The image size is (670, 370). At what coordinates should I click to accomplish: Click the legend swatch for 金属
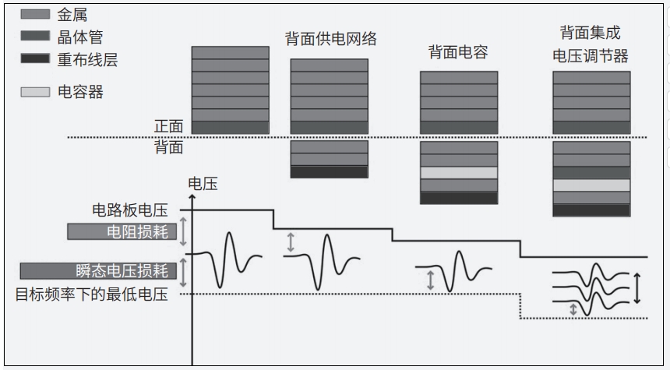point(35,13)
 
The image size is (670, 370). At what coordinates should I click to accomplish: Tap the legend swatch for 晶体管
point(35,37)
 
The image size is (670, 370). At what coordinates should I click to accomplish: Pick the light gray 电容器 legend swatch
point(35,92)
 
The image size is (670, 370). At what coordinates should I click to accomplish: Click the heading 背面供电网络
point(331,39)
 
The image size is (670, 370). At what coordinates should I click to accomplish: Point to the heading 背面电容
point(458,52)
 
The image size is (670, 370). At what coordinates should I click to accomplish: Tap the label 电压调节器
point(590,57)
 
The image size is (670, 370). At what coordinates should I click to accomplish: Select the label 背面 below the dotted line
point(168,147)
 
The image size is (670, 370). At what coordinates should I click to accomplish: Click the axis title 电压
point(203,185)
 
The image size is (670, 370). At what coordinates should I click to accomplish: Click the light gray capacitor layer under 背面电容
point(458,173)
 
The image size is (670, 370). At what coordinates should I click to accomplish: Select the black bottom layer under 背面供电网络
point(329,171)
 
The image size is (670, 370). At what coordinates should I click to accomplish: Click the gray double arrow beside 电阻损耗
point(184,231)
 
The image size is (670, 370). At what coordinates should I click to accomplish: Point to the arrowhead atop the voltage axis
point(192,191)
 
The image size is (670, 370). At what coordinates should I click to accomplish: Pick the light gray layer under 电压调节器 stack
point(591,185)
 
